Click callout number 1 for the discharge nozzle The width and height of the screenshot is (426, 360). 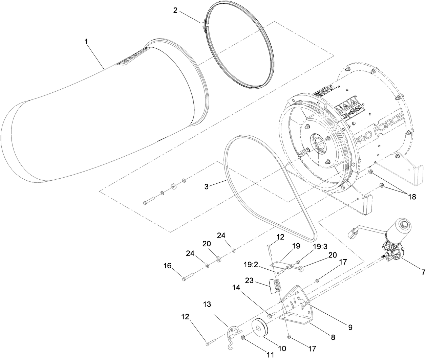click(x=86, y=42)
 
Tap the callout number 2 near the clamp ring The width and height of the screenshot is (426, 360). click(x=175, y=10)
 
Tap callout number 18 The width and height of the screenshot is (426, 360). click(x=411, y=197)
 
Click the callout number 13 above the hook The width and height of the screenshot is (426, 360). click(x=207, y=304)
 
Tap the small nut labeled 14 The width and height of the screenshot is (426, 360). click(x=270, y=316)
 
